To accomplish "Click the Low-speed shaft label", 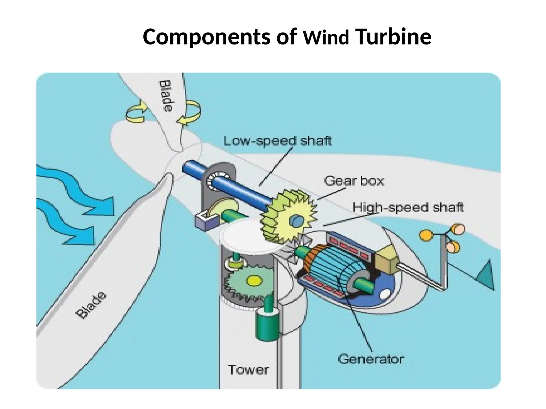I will [x=277, y=141].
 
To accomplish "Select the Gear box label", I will [x=354, y=181].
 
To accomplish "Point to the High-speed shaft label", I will [x=408, y=207].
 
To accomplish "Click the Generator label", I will [x=371, y=359].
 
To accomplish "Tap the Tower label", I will [x=248, y=370].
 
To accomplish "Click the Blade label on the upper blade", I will [x=166, y=96].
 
